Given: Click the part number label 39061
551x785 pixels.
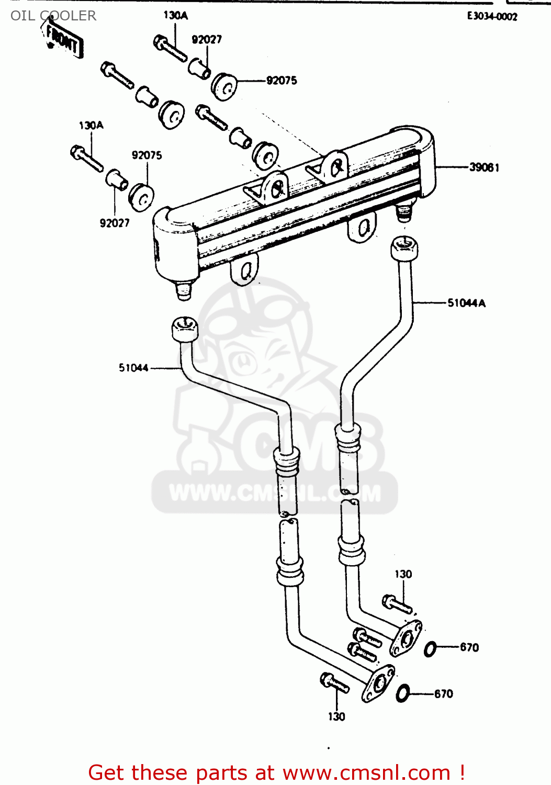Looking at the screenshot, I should [x=483, y=167].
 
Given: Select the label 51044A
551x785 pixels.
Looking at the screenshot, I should [x=466, y=303].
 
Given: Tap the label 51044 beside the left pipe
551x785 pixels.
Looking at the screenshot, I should [x=133, y=368].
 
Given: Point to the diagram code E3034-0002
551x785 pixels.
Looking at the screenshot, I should [x=492, y=16].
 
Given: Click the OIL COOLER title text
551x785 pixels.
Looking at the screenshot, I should [x=53, y=16].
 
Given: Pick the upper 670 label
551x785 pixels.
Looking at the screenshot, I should [x=469, y=647].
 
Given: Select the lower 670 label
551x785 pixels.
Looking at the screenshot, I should [x=443, y=694].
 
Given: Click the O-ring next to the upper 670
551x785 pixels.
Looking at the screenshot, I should [x=430, y=649].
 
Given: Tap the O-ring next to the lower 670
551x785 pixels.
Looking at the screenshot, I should [x=402, y=694].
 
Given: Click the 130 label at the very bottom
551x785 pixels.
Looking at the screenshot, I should [x=336, y=717].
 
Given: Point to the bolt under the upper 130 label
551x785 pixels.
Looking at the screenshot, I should [x=397, y=604].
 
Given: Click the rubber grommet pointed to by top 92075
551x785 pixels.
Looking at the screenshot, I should [x=224, y=86].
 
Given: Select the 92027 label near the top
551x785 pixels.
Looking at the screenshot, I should [x=207, y=40].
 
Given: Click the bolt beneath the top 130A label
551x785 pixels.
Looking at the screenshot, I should [x=170, y=48].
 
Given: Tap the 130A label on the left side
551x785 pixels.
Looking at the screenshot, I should [x=91, y=126].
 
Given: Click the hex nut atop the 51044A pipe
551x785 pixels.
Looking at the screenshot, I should [x=404, y=248].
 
